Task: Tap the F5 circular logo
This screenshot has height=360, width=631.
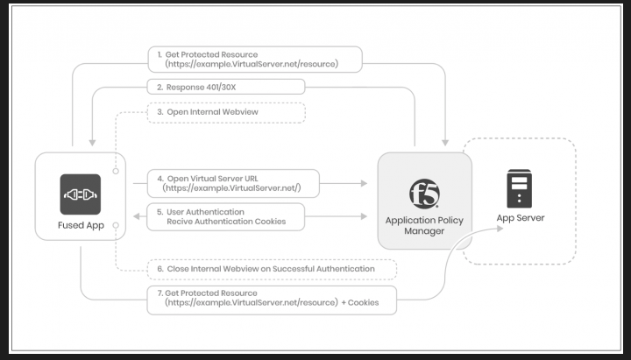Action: click(424, 192)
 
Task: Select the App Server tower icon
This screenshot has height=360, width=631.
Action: click(520, 189)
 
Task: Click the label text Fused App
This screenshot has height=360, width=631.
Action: click(80, 225)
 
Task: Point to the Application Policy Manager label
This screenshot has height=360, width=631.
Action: click(425, 226)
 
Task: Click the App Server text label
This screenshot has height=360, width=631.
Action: click(521, 217)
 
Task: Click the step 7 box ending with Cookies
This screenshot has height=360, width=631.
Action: click(272, 298)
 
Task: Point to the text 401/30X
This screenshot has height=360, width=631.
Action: click(221, 87)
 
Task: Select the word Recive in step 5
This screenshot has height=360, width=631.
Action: click(182, 222)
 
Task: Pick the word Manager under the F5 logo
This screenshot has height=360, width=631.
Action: click(425, 232)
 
